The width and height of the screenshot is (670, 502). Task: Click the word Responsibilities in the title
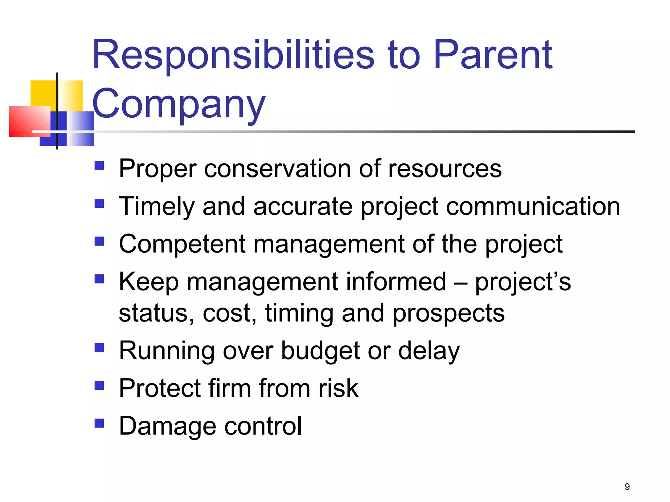233,56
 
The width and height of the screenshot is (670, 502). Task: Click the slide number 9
627,487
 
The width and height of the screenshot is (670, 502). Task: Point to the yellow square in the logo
43,93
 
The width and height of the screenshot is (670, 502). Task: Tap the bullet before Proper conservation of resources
99,166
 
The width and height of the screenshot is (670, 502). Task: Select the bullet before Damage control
99,423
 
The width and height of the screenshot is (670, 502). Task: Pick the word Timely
156,207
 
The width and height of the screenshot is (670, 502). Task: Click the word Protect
160,388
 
